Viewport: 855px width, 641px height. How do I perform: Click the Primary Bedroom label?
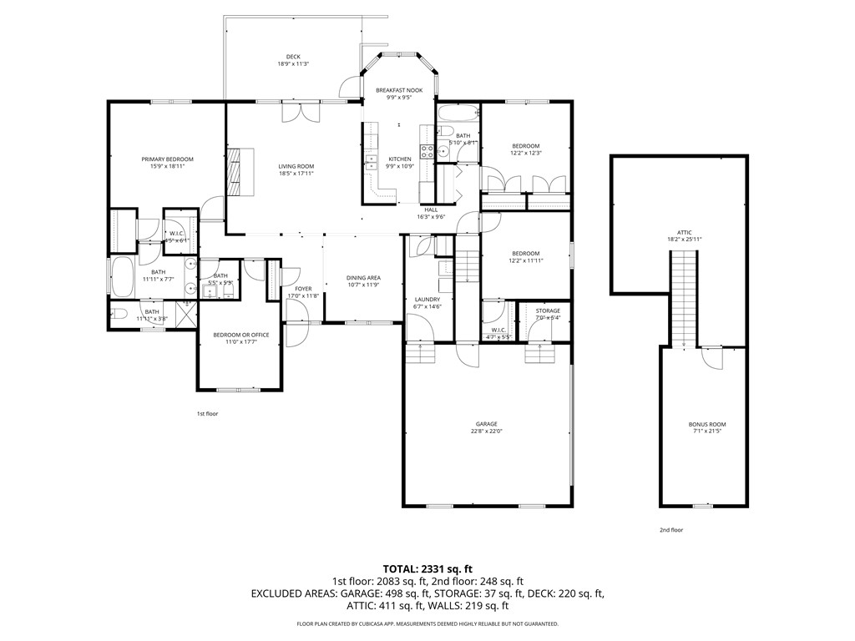(x=167, y=159)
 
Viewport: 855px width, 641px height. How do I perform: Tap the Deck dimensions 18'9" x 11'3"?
(x=293, y=64)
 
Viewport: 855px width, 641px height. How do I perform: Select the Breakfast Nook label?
(x=399, y=89)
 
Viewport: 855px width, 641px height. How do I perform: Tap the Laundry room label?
(x=427, y=299)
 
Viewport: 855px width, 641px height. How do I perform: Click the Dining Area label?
(x=363, y=278)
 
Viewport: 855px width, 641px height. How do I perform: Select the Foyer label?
(x=303, y=289)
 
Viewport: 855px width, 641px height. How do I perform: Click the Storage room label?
(x=548, y=310)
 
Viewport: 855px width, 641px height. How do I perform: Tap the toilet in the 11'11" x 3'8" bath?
(x=119, y=316)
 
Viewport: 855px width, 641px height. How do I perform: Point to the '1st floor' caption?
(x=207, y=413)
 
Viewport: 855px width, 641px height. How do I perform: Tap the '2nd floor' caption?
(x=671, y=530)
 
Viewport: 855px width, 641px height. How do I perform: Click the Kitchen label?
(x=399, y=159)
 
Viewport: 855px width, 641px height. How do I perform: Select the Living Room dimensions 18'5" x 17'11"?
(x=296, y=174)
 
